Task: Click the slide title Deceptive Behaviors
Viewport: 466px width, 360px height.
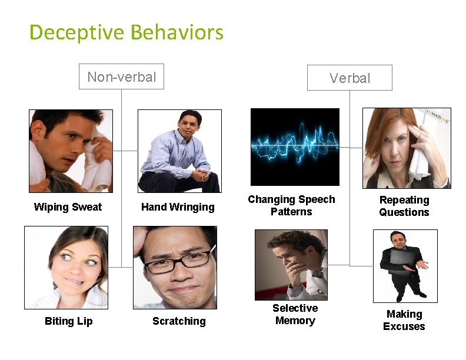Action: click(127, 32)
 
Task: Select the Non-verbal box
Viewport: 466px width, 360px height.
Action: click(121, 76)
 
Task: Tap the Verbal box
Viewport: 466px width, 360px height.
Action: click(349, 78)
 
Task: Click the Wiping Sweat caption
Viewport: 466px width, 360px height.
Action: click(68, 207)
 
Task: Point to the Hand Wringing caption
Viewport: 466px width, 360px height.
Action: click(178, 207)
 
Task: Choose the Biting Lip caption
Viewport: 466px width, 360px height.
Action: click(68, 321)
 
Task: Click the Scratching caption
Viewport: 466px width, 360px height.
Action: click(179, 321)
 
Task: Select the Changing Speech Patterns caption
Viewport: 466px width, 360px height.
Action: click(291, 205)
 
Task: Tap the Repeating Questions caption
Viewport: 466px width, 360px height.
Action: click(404, 206)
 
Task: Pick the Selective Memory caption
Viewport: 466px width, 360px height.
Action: click(295, 315)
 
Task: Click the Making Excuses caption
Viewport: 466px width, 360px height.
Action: click(404, 321)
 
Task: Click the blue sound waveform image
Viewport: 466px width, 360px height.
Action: click(295, 146)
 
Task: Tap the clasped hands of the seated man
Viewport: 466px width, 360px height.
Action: click(201, 174)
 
